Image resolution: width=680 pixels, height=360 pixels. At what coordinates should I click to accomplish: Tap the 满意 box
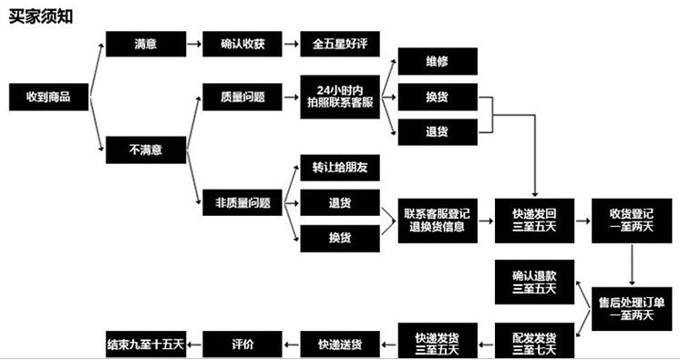[x=145, y=44]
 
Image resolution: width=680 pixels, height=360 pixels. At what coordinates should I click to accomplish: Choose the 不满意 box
[x=145, y=148]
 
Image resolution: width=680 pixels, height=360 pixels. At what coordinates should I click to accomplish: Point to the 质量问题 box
[x=242, y=96]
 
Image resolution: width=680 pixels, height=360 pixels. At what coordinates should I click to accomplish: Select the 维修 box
[x=437, y=62]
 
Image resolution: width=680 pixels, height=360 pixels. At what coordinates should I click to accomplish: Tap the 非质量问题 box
[x=242, y=203]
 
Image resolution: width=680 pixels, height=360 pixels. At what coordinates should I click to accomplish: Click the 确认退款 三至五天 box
[x=533, y=282]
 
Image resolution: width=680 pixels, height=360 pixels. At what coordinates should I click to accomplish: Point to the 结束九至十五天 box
[x=147, y=344]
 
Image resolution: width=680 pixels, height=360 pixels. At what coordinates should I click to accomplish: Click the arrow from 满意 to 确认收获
[x=193, y=44]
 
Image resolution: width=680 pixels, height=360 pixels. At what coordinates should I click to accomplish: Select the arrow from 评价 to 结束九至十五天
[x=193, y=344]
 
